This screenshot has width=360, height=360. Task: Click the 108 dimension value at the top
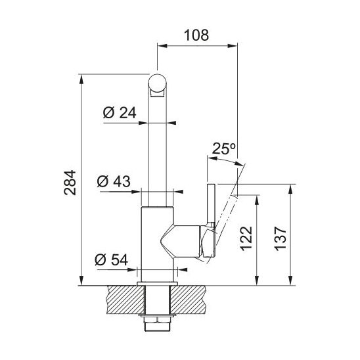point(196,35)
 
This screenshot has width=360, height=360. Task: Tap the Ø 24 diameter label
point(120,113)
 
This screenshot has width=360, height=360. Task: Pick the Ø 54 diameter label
point(110,259)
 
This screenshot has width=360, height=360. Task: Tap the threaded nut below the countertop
point(157,321)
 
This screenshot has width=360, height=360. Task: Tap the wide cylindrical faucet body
point(157,243)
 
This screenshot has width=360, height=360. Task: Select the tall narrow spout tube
point(158,151)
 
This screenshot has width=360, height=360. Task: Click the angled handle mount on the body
point(187,239)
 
